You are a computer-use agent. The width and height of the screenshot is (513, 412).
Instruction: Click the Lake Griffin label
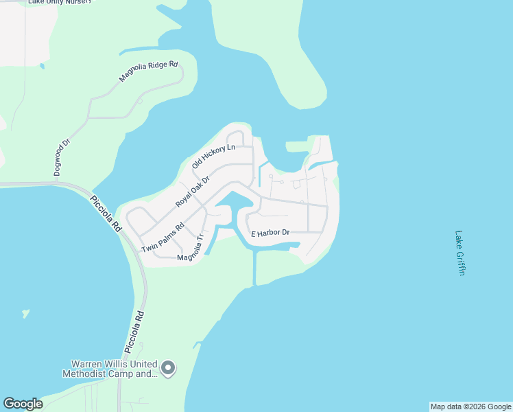click(460, 253)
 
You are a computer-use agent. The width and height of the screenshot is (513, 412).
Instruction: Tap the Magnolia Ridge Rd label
click(148, 72)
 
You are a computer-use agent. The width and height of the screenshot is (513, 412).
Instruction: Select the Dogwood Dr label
click(62, 158)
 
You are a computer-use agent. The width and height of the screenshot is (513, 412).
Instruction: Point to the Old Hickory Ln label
click(213, 157)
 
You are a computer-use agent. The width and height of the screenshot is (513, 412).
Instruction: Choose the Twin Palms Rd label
click(163, 238)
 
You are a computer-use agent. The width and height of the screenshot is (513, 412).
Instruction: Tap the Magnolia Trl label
click(191, 251)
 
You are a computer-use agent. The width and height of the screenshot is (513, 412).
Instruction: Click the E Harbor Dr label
click(270, 233)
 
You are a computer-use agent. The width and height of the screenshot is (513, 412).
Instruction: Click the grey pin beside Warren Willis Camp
click(169, 369)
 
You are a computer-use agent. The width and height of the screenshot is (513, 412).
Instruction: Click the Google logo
click(23, 404)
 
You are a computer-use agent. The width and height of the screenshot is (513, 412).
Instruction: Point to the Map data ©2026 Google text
click(470, 407)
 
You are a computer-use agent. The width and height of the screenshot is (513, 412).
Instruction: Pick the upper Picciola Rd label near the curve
click(106, 213)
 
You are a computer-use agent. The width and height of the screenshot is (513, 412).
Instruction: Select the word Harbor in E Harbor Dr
click(270, 233)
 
